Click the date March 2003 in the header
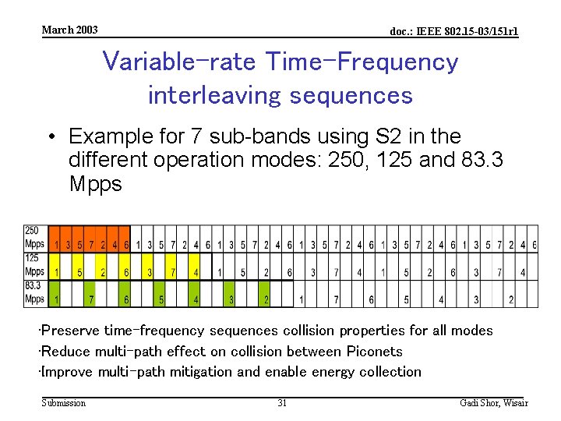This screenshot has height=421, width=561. tap(69, 30)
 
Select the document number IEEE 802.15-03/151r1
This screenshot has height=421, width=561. tap(453, 31)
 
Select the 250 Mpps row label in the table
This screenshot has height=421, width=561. tap(34, 238)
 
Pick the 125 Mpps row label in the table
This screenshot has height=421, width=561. tap(34, 265)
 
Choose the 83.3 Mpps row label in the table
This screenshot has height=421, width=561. tap(34, 292)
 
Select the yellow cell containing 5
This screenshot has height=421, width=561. tap(79, 272)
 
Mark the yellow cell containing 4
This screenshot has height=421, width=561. tap(196, 272)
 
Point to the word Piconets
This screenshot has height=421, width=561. tap(375, 351)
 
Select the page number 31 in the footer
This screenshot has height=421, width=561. tap(282, 403)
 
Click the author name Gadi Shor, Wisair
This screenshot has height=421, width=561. tap(494, 403)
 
